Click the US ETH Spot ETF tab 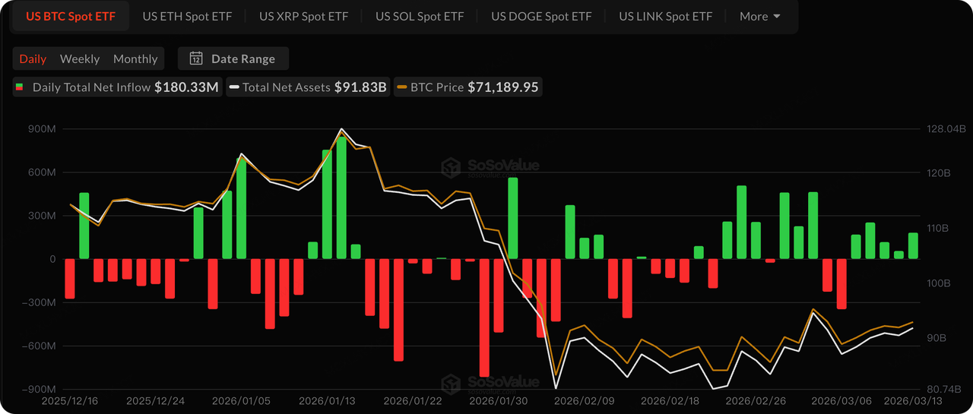187,16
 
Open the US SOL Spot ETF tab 419,16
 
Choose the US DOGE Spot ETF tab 540,16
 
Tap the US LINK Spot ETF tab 665,16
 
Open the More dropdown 759,16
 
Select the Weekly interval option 80,58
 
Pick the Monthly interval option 135,58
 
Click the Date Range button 233,58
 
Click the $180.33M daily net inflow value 186,87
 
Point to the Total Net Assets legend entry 309,87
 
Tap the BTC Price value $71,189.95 502,87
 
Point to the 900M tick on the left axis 41,129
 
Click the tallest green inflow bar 341,198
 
